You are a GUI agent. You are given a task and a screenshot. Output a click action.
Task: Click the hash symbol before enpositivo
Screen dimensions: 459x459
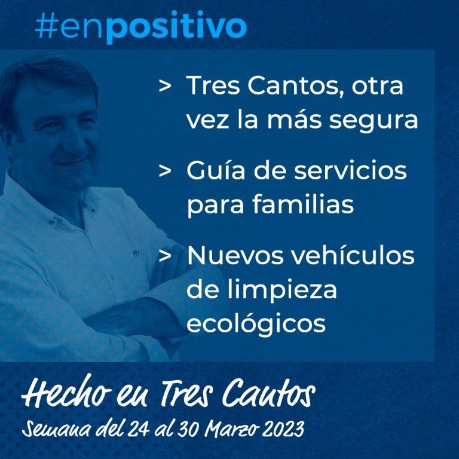47,25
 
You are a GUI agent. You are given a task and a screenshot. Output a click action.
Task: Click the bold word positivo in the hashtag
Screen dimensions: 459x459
176,27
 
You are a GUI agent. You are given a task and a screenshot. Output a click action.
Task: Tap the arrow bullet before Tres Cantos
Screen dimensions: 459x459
165,86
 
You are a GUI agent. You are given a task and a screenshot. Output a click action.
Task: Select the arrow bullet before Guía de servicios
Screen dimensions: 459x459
165,171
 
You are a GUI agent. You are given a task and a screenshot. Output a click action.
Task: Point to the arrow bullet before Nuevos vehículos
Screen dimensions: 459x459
165,255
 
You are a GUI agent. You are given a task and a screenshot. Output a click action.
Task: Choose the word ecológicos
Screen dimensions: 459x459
256,324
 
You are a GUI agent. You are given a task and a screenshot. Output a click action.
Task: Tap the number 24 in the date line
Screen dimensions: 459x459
139,429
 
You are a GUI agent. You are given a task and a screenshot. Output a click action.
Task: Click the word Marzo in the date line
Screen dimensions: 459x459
232,429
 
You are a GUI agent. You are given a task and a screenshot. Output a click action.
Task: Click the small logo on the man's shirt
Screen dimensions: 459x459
136,253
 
